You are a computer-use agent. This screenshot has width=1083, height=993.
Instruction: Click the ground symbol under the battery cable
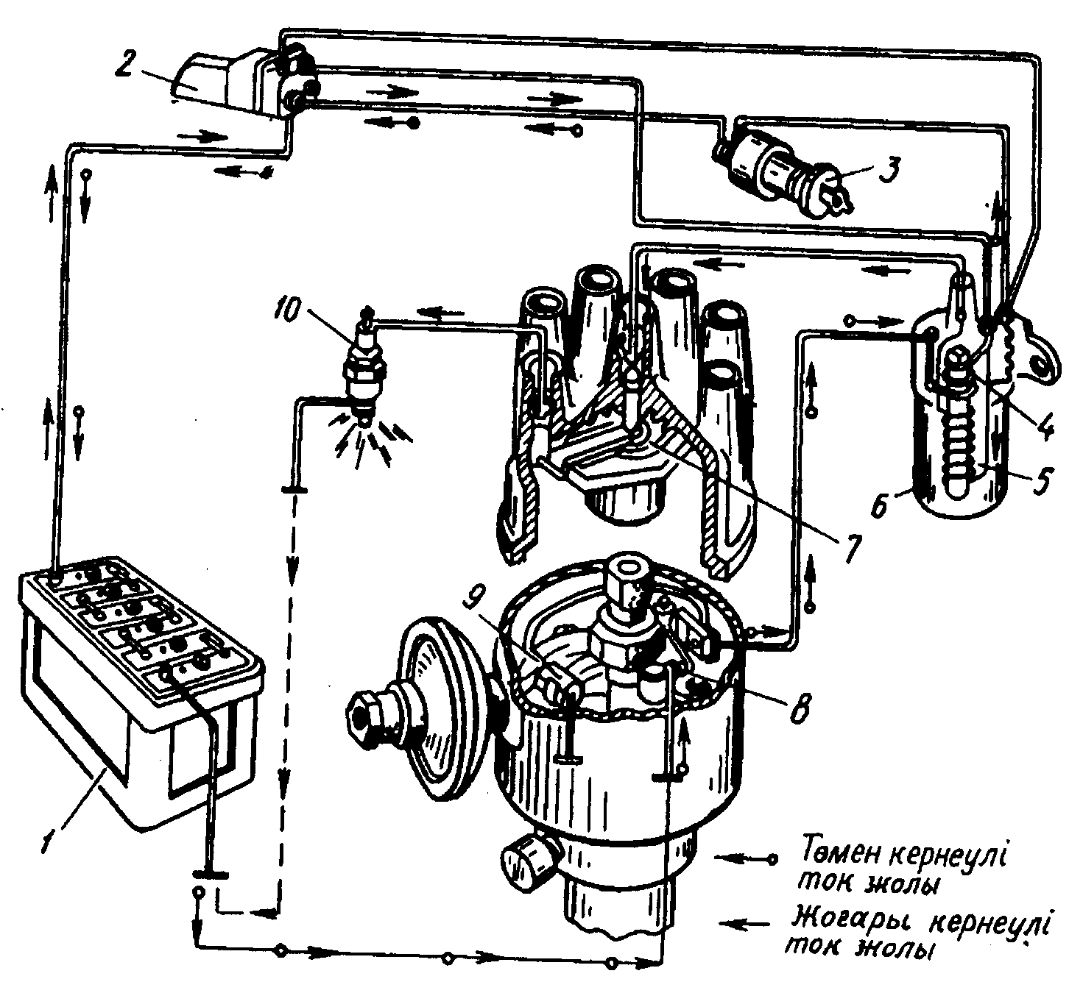210,873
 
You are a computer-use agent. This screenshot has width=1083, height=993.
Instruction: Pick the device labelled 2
236,77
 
